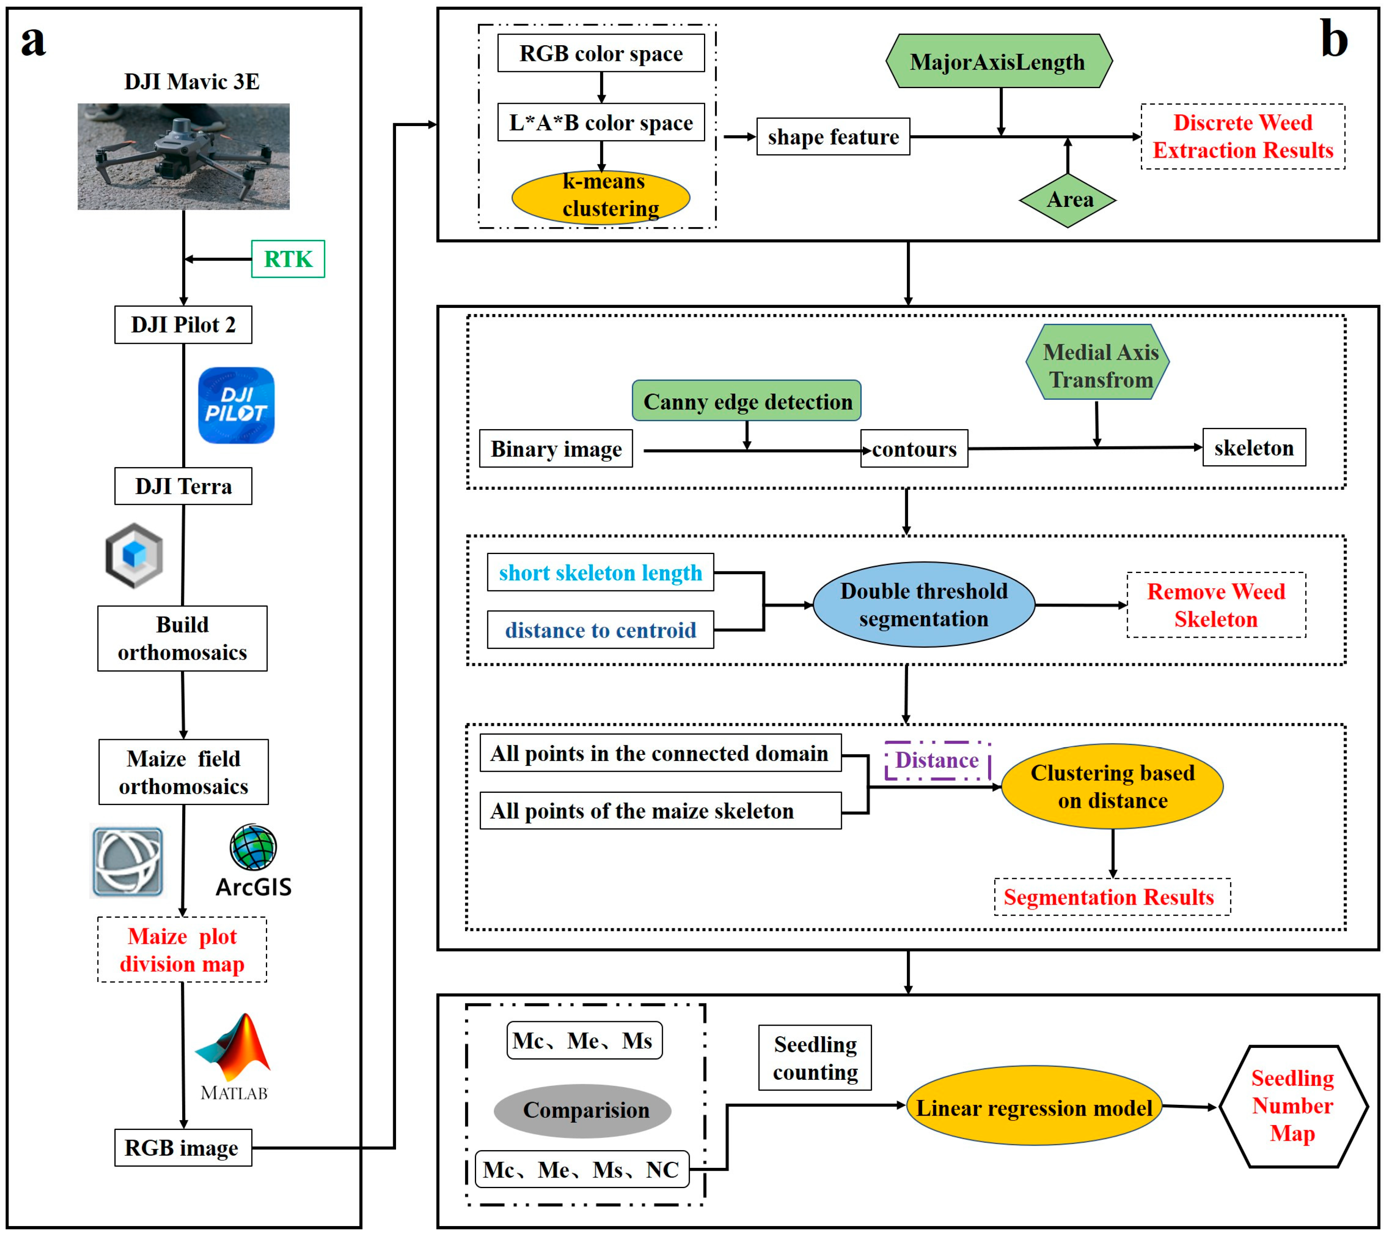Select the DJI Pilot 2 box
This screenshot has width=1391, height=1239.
[x=183, y=325]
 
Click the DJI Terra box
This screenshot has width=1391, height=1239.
[x=183, y=486]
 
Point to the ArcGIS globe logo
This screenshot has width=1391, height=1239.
[x=253, y=847]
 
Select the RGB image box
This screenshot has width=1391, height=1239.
[x=183, y=1148]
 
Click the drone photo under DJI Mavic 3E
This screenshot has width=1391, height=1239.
[x=183, y=156]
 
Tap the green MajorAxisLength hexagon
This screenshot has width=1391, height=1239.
[x=998, y=62]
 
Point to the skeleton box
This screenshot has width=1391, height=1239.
[x=1254, y=448]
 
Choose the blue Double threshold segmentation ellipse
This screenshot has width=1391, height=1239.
[x=923, y=605]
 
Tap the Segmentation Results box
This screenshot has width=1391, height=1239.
[x=1111, y=897]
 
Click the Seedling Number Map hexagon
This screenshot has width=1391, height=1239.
[x=1292, y=1106]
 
